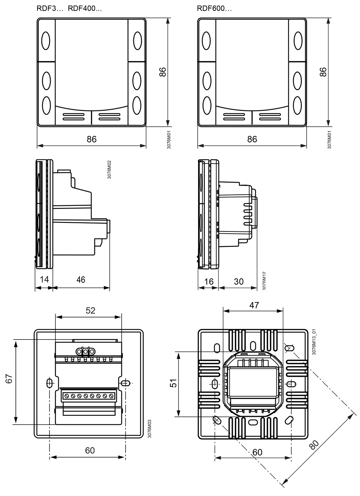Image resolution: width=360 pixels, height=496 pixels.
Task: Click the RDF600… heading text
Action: (214, 8)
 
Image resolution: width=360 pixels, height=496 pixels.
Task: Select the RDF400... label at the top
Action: (85, 8)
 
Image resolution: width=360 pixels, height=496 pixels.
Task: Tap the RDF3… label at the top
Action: (50, 8)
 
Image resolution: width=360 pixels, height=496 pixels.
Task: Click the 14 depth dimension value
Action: (44, 279)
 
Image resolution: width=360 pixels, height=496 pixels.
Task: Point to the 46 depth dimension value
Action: (81, 280)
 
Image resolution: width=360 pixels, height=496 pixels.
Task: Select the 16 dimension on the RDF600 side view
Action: (208, 281)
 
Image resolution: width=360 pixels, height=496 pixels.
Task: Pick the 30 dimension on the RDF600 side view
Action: (239, 281)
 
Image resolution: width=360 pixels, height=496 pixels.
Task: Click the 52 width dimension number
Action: (91, 310)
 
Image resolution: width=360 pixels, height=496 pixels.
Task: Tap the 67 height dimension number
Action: (9, 379)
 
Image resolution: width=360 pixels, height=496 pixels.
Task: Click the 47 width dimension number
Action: (254, 305)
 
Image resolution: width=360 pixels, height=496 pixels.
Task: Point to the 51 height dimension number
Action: (174, 383)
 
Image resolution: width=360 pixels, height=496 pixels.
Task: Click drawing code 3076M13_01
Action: (314, 342)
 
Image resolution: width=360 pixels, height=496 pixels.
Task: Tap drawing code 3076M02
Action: (109, 170)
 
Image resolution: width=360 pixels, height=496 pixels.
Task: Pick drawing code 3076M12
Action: (264, 281)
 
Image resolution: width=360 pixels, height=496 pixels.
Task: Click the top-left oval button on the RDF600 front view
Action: (206, 41)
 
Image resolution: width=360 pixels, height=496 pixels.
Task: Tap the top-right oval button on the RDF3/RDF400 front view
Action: (138, 41)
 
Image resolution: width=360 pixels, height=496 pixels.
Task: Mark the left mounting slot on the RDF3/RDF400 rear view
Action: (50, 383)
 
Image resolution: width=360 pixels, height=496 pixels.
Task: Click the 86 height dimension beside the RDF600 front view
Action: (323, 72)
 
